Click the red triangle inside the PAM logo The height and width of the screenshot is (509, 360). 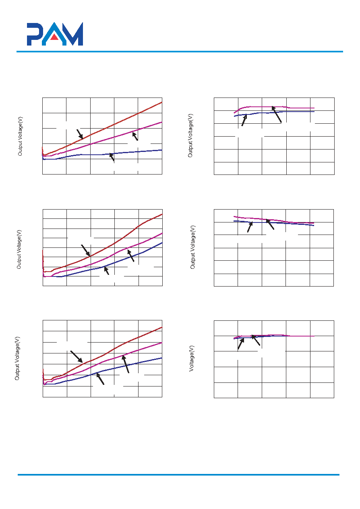coord(54,37)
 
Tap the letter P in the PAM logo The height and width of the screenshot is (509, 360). coord(34,34)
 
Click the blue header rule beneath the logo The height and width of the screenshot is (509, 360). coord(180,52)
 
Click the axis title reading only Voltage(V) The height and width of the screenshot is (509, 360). coord(192,359)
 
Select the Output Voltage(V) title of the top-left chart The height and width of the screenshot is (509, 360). coord(20,136)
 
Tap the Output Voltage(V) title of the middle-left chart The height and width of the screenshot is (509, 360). coord(19,249)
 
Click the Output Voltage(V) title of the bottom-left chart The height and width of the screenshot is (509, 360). coord(17,358)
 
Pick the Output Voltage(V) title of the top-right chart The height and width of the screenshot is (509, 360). coord(190,136)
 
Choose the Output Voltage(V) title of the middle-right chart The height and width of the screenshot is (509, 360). coord(192,247)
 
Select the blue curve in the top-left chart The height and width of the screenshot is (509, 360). coord(102,154)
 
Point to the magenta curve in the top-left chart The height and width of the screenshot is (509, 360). coord(102,140)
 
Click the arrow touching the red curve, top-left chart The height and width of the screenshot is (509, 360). coord(80,134)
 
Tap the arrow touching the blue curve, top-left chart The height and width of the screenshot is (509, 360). coord(112,157)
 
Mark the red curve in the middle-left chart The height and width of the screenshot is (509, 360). coord(103,249)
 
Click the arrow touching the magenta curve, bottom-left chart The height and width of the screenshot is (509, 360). coord(126,364)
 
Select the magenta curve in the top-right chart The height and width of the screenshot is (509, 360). coord(274,107)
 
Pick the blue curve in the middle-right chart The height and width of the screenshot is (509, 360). coord(274,223)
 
